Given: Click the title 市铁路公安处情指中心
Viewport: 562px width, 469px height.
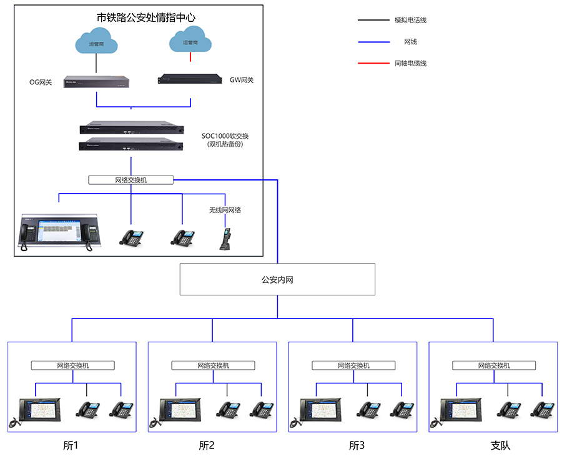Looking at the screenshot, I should click(x=146, y=17).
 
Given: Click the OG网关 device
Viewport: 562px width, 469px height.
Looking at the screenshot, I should click(x=96, y=82).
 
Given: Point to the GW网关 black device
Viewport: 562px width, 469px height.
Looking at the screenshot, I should click(x=190, y=79).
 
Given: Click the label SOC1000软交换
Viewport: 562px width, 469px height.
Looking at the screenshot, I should click(x=225, y=136).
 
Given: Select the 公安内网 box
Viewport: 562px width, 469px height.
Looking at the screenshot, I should click(x=277, y=279).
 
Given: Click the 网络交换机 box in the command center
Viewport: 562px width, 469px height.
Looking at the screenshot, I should click(x=131, y=180).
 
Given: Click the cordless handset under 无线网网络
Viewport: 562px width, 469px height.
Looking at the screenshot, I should click(x=225, y=239).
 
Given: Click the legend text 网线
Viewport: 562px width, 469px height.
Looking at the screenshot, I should click(x=410, y=42).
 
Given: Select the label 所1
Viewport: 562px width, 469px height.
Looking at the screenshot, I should click(x=71, y=445).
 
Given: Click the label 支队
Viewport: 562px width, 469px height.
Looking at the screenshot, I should click(x=500, y=445).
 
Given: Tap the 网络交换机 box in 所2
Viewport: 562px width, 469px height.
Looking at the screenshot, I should click(x=213, y=365).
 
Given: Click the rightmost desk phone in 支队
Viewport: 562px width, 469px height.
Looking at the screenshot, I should click(x=542, y=410).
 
